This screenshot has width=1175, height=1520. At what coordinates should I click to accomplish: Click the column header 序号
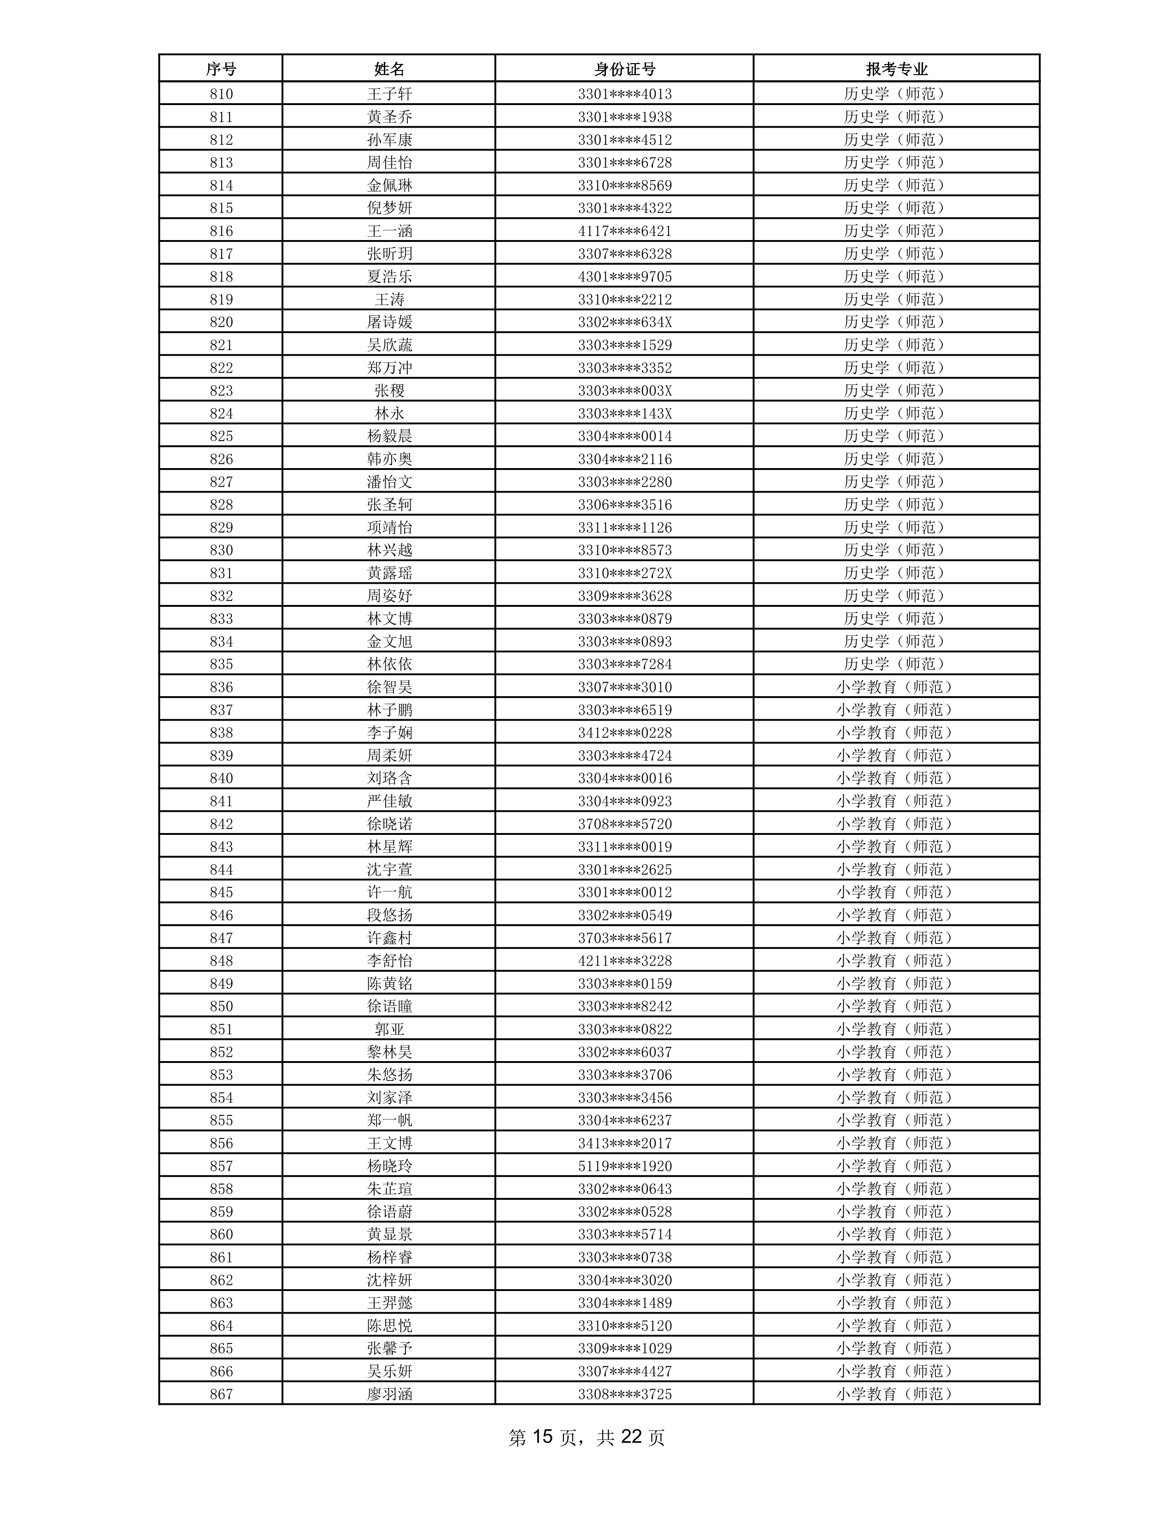pyautogui.click(x=221, y=69)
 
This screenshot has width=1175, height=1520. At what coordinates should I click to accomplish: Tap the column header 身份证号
pyautogui.click(x=624, y=69)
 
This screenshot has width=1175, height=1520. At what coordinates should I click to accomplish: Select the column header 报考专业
pyautogui.click(x=897, y=69)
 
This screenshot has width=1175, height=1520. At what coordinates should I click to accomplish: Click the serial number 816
pyautogui.click(x=221, y=231)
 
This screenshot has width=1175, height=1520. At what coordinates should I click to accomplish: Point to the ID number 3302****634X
pyautogui.click(x=624, y=322)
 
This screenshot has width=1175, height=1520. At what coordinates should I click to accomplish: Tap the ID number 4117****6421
pyautogui.click(x=624, y=231)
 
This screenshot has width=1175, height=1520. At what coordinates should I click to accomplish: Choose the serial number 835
pyautogui.click(x=221, y=664)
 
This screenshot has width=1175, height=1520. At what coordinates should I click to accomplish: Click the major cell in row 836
pyautogui.click(x=897, y=687)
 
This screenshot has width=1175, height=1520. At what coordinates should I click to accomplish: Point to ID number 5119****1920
pyautogui.click(x=624, y=1166)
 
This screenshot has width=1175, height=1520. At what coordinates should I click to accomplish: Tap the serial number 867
pyautogui.click(x=221, y=1394)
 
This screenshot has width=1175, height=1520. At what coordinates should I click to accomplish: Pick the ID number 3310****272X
pyautogui.click(x=624, y=573)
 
